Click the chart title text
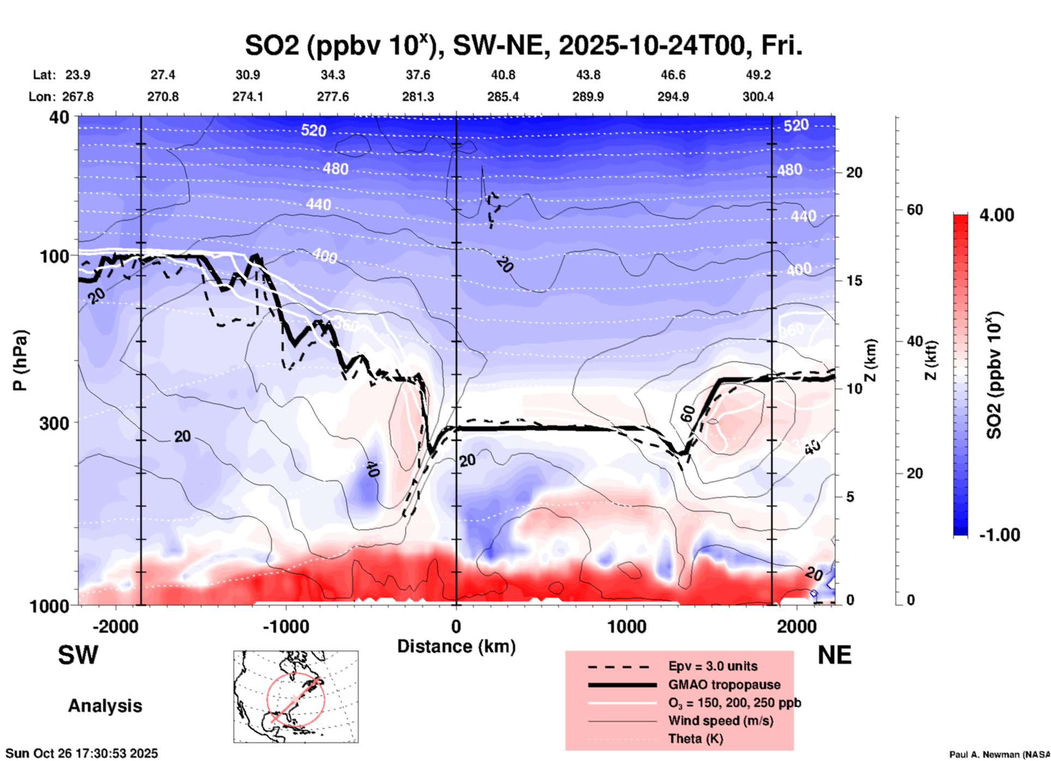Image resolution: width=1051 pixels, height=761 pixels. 524,46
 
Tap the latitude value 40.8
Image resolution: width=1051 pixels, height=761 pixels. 503,75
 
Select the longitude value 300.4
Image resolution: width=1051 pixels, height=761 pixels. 758,97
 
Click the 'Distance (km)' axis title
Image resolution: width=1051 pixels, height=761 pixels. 456,646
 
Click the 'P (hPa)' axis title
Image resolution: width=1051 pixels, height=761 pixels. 20,360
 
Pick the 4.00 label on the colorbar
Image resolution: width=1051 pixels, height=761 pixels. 996,215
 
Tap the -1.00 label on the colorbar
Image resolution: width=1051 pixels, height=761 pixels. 999,535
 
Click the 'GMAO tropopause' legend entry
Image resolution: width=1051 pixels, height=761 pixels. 724,685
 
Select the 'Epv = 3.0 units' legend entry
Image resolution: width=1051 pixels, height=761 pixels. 713,667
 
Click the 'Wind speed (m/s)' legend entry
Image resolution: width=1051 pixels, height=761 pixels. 720,721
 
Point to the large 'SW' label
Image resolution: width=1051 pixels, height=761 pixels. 78,655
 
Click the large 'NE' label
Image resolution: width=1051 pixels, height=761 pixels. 834,655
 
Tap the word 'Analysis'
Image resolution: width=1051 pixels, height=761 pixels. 105,706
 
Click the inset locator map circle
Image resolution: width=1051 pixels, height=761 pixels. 296,699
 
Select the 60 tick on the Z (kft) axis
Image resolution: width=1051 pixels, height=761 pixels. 915,210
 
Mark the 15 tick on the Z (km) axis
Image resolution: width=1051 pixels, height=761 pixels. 853,281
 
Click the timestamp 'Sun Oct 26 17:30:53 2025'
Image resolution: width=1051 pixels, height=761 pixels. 82,753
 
